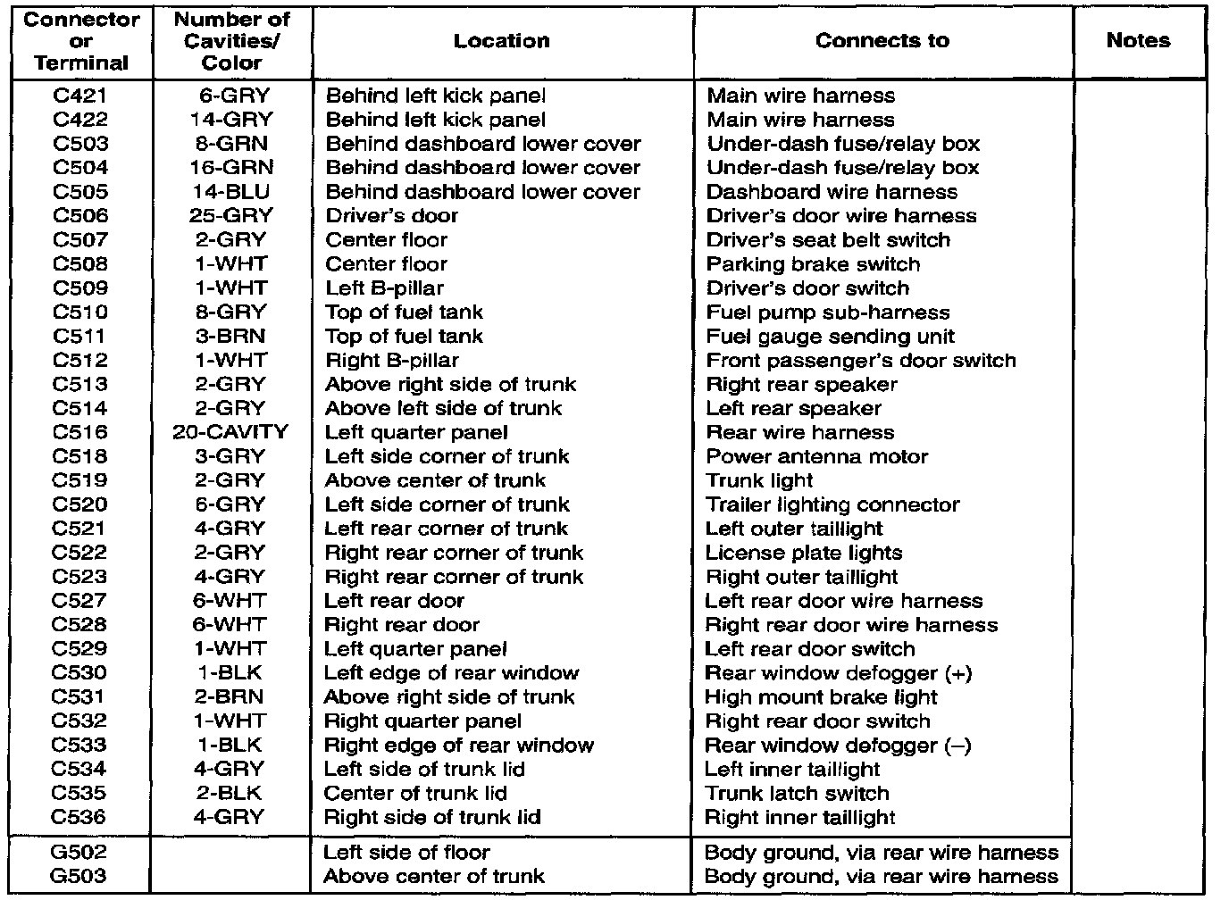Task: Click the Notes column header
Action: (1137, 40)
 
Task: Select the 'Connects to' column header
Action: (882, 40)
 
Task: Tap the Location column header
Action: (501, 40)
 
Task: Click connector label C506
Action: (80, 215)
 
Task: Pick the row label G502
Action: (80, 852)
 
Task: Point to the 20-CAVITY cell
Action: (230, 432)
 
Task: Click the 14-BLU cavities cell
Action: (230, 191)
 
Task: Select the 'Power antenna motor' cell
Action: (816, 456)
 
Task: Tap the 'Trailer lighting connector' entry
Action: (832, 504)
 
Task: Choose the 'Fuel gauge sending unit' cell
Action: (830, 337)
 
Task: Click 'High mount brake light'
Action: (821, 697)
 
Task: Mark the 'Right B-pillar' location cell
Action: (391, 361)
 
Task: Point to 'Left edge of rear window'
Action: (451, 673)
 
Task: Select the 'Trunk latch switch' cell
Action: (797, 794)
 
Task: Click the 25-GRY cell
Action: (230, 215)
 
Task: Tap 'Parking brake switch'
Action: (813, 264)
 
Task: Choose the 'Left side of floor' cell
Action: (406, 852)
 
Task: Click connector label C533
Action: (80, 746)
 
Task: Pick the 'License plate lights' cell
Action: (804, 553)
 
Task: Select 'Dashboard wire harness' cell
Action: (831, 192)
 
